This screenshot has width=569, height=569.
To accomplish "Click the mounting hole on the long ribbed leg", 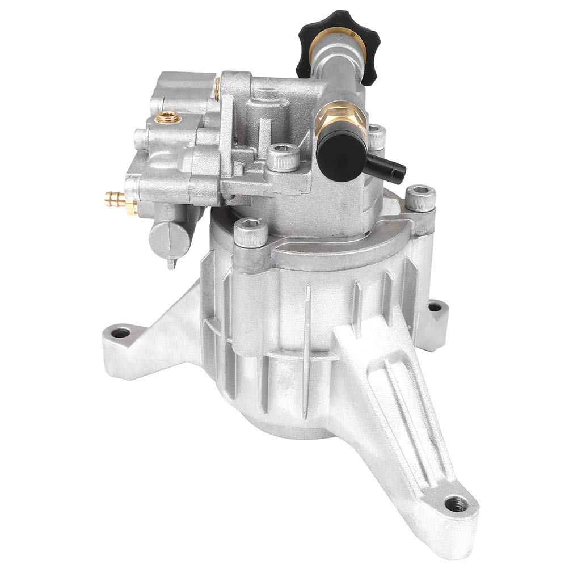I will click(456, 503).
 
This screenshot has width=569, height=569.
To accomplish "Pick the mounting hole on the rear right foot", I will click(435, 307).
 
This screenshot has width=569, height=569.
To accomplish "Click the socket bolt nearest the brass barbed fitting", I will click(250, 231).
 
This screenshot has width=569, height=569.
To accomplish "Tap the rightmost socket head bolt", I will click(420, 197).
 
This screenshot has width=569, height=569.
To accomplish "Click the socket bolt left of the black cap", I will click(282, 156).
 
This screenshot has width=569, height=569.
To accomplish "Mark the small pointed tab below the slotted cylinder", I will click(171, 263).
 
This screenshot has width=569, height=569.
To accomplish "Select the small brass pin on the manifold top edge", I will click(217, 88).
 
